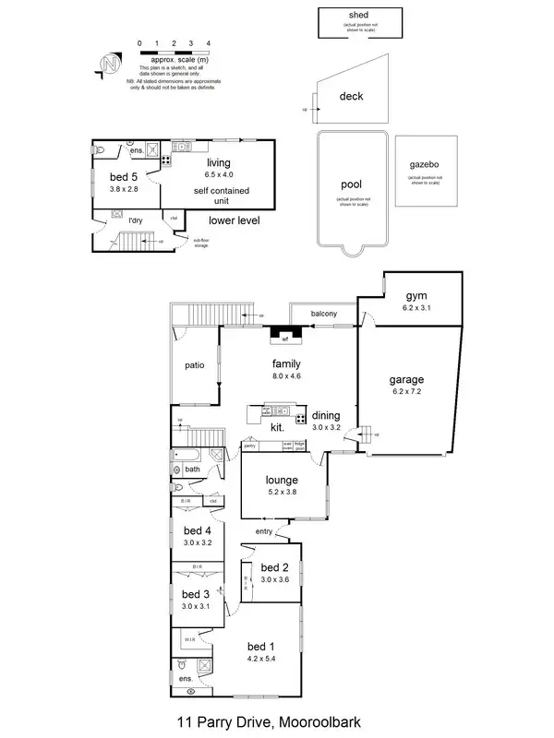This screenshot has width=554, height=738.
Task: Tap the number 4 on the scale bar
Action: [x=209, y=43]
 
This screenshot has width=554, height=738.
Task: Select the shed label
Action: [x=358, y=16]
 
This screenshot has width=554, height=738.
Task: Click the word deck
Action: [x=351, y=96]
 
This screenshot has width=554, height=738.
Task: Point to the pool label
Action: [x=351, y=184]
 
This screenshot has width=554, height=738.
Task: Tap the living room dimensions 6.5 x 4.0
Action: [x=218, y=174]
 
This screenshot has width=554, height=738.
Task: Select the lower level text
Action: [x=234, y=220]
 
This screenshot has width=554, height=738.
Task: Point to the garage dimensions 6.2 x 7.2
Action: [x=405, y=392]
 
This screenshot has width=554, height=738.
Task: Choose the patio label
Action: [x=193, y=365]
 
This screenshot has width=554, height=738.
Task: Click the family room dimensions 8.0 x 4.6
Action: [x=286, y=376]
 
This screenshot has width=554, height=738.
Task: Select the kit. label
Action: [x=276, y=428]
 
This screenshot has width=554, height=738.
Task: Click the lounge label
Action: [x=282, y=481]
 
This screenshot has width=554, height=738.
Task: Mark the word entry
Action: [x=264, y=530]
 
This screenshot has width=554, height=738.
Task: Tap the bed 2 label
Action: [x=275, y=567]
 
